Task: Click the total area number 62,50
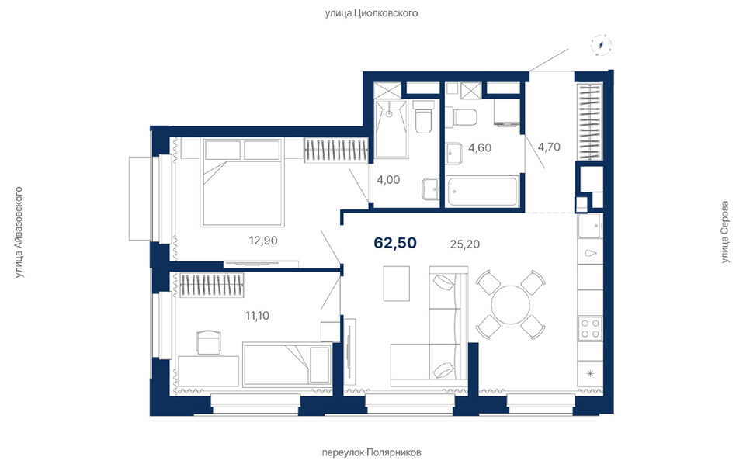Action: pos(395,243)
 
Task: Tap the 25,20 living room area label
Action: pos(464,244)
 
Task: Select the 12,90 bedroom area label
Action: pos(263,241)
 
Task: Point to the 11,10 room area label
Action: pos(257,315)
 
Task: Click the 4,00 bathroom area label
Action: pos(388,180)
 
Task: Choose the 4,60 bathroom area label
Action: pos(480,147)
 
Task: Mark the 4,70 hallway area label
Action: pos(549,147)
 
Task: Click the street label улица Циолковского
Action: pos(371,12)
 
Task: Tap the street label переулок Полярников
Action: pos(371,452)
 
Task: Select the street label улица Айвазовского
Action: pos(19,232)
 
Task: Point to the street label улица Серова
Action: pos(724,232)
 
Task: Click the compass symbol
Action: pos(602,46)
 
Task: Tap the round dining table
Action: pos(510,304)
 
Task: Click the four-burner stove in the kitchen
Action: pos(590,328)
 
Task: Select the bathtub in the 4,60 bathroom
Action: pos(481,192)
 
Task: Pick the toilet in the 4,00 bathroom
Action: pos(422,116)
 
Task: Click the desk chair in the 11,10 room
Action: pos(209,342)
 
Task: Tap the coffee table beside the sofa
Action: pos(397,283)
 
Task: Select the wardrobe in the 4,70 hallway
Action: pos(589,122)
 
